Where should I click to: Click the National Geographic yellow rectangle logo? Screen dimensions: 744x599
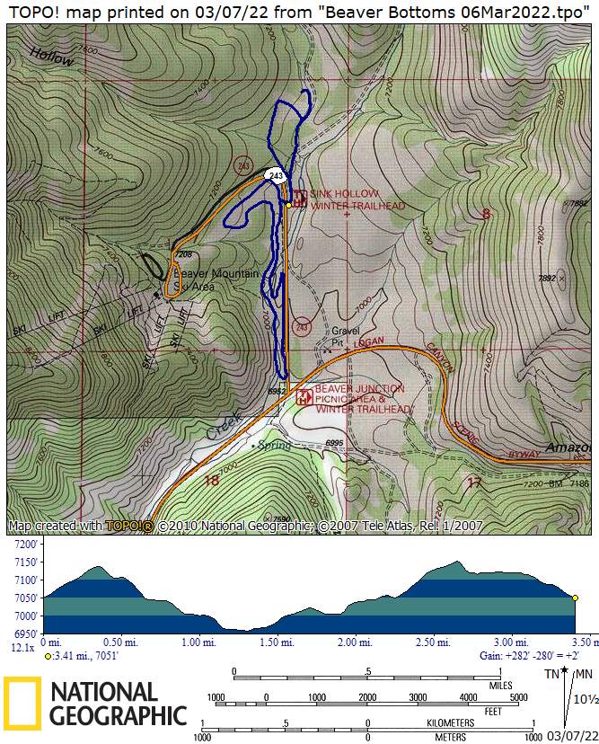tap(22, 704)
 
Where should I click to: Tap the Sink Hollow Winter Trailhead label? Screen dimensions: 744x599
tap(358, 199)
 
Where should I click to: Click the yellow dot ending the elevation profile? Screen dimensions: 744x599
tap(575, 598)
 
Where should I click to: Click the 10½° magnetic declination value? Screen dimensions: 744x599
tap(584, 699)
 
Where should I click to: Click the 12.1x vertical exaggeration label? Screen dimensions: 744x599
tap(22, 646)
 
